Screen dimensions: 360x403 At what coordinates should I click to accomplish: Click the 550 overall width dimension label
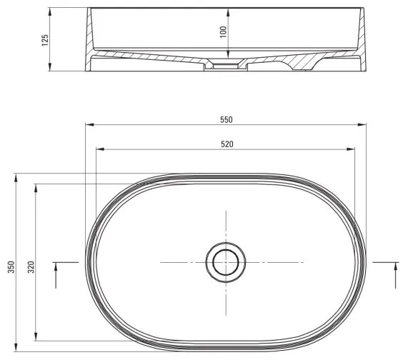coord(226,119)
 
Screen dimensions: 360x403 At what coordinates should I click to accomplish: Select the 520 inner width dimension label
coord(226,144)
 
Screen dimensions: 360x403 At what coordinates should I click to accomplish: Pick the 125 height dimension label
coord(44,40)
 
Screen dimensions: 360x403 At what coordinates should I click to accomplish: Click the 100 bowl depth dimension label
coord(223,31)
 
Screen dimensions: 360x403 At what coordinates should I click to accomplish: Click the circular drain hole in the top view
coord(226,262)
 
